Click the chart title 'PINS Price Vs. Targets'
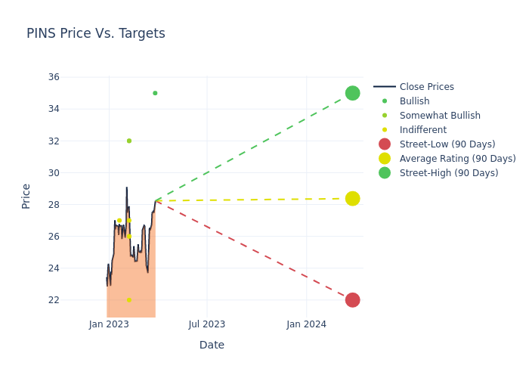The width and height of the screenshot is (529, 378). tap(96, 34)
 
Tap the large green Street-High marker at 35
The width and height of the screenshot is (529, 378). tap(352, 93)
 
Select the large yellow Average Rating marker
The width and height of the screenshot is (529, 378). tap(352, 199)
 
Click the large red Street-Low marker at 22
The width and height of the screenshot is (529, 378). tap(352, 300)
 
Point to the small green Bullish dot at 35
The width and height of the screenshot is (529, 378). tap(155, 93)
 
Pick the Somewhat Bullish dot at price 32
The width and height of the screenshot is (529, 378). tap(129, 141)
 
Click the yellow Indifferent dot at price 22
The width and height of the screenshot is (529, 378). tap(129, 300)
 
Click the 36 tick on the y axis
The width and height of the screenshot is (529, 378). tap(54, 77)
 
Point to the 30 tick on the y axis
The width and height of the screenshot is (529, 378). tap(54, 173)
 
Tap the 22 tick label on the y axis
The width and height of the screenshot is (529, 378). tap(54, 300)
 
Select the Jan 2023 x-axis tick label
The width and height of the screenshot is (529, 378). tap(109, 324)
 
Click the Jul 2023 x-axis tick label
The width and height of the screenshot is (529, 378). tap(207, 324)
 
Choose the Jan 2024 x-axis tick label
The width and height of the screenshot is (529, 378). tap(307, 324)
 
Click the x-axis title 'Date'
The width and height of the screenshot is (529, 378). tap(212, 345)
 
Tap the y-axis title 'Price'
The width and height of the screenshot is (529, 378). tap(26, 196)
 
